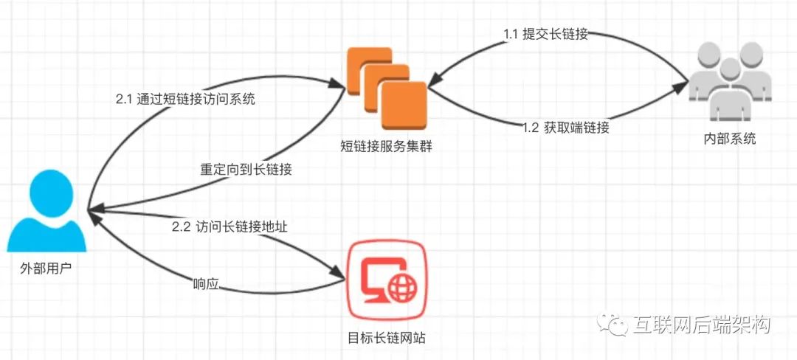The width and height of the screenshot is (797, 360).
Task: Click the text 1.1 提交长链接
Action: (x=545, y=34)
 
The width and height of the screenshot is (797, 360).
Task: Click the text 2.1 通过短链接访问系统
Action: (x=185, y=100)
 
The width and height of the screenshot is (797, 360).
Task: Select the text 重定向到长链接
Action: (x=246, y=169)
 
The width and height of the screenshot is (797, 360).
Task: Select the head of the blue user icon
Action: (x=46, y=188)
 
